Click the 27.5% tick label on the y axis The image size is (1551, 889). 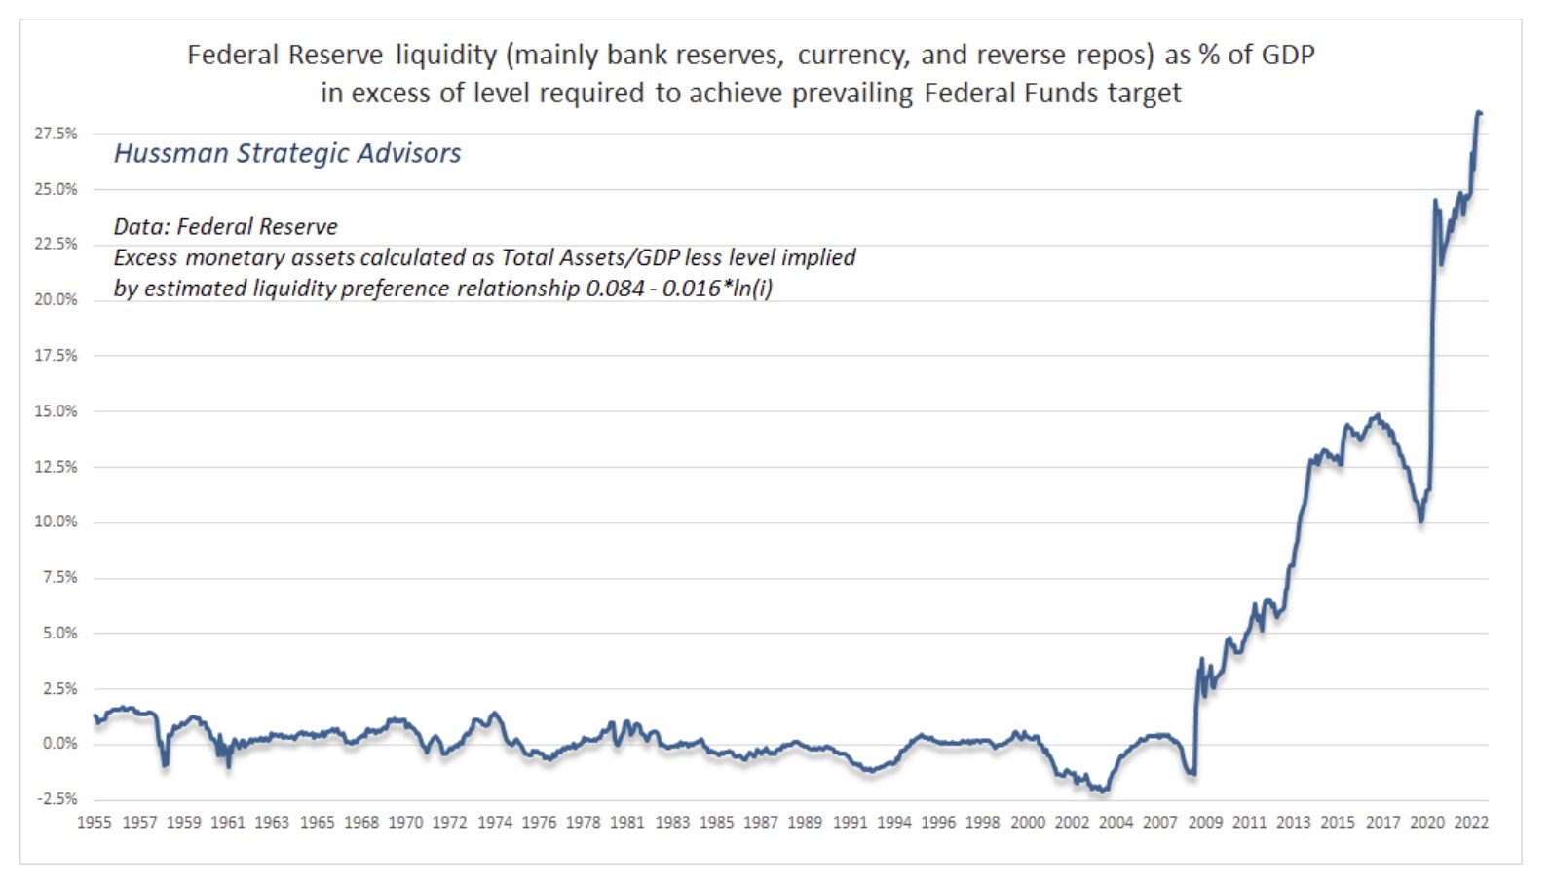click(56, 134)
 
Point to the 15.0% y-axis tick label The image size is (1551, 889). click(56, 411)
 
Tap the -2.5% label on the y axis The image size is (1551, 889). click(56, 799)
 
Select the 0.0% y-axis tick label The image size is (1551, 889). click(57, 744)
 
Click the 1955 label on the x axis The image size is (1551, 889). click(95, 823)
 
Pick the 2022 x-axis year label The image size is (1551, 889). click(1471, 823)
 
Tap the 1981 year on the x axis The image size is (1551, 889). click(627, 823)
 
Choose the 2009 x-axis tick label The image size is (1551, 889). click(1205, 823)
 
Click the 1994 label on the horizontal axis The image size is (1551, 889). click(893, 823)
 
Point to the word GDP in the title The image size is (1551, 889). click(1287, 55)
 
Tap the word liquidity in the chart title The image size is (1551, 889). click(446, 55)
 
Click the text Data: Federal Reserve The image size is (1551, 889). click(225, 227)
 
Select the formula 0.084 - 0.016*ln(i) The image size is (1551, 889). click(679, 289)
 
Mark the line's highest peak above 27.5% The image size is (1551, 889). click(1479, 112)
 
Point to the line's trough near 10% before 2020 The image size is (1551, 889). click(1421, 521)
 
